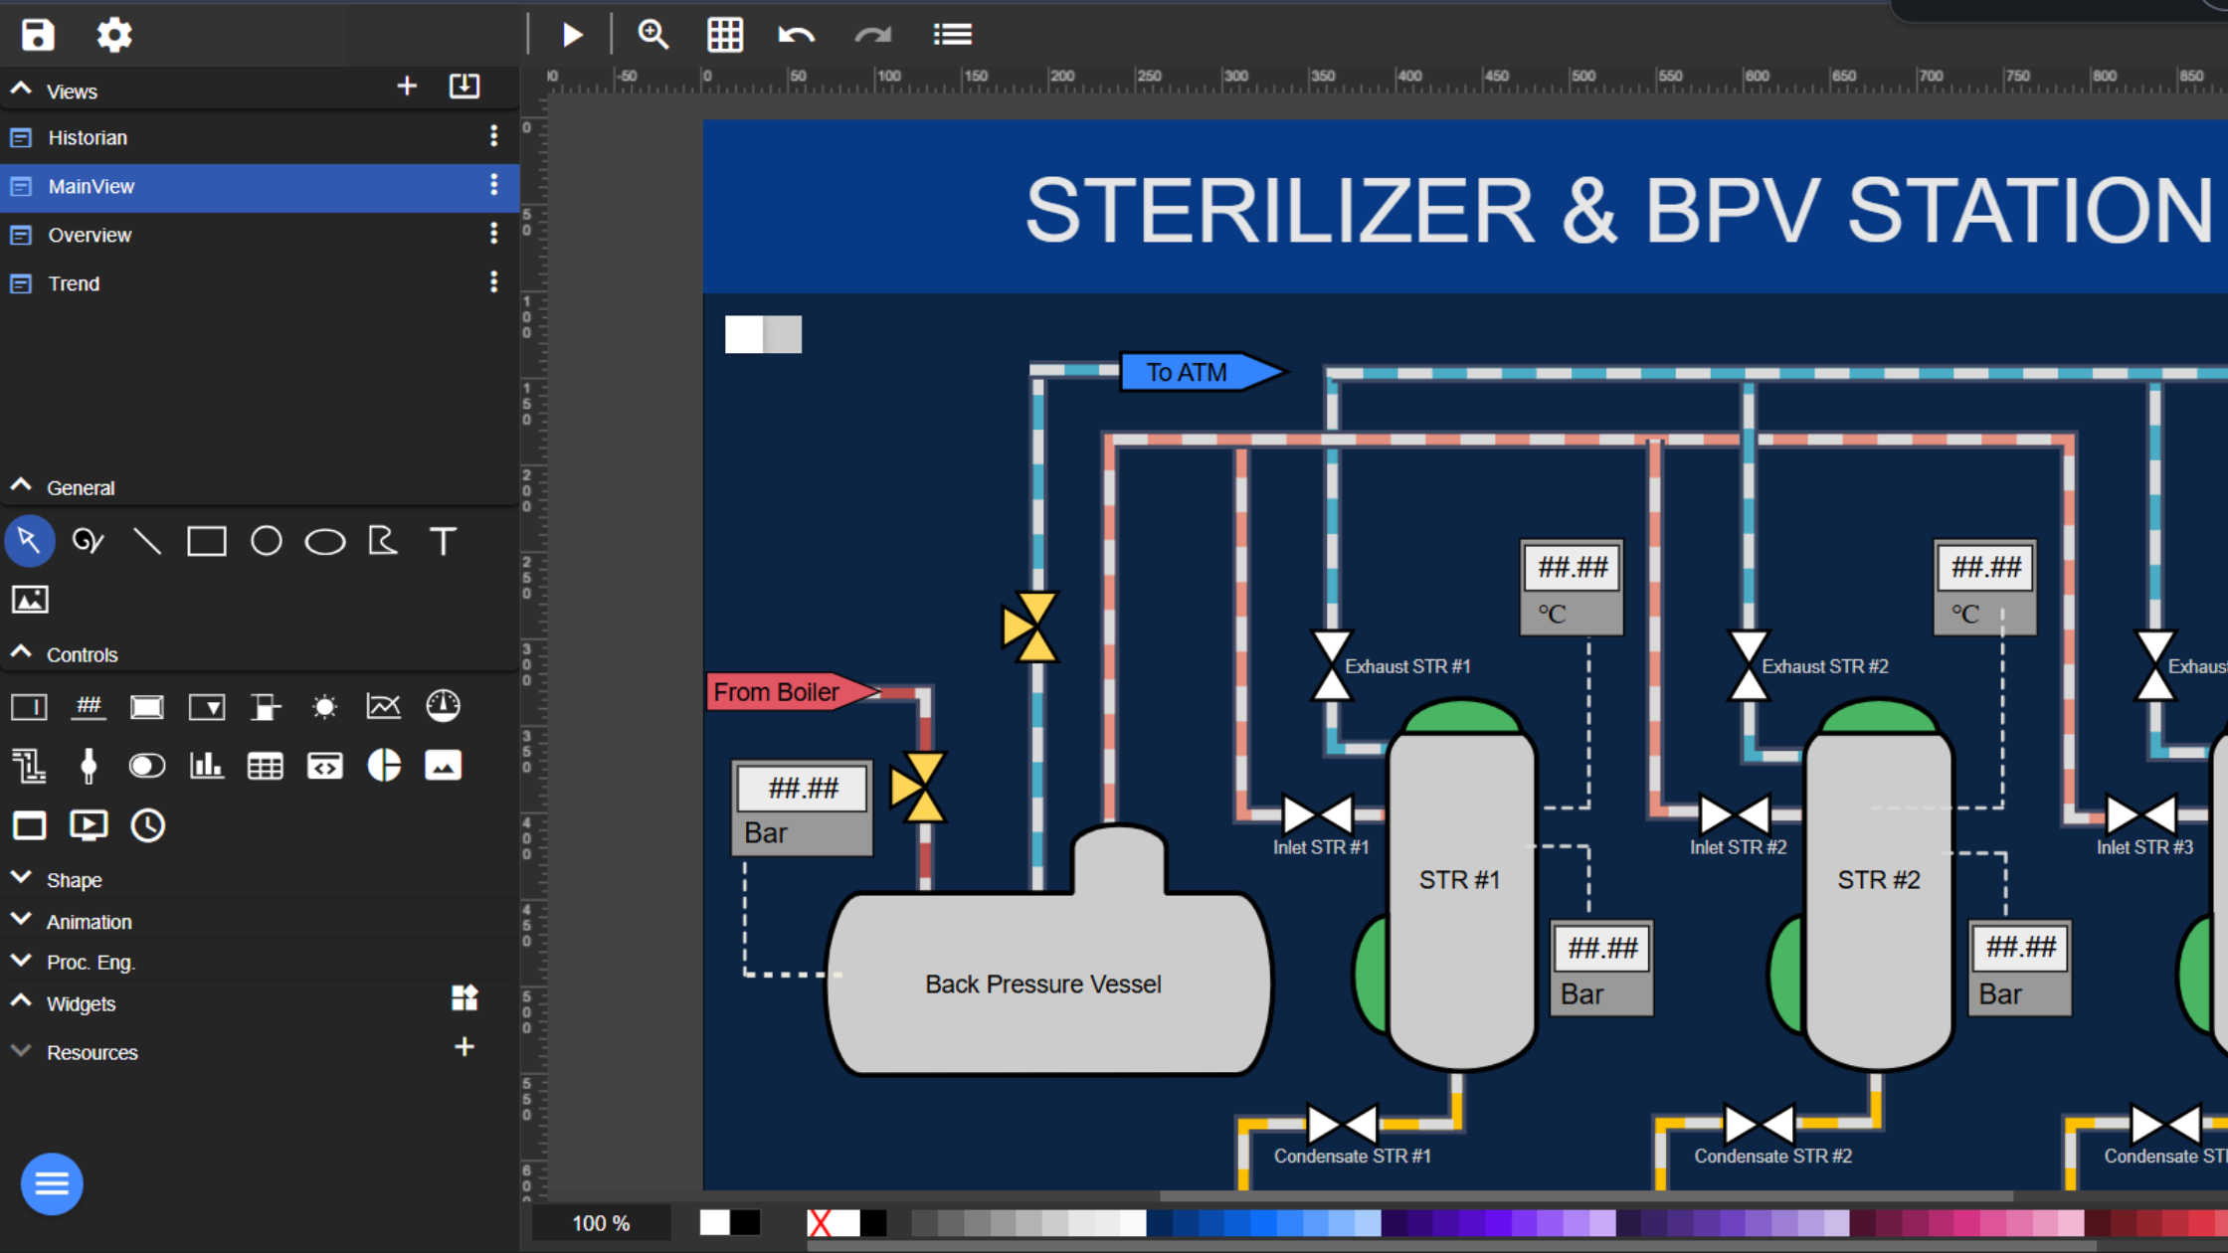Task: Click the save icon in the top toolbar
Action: point(38,35)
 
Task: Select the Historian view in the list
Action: point(88,137)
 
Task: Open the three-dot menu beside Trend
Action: point(493,282)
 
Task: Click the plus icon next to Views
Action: point(407,87)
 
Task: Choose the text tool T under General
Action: point(443,541)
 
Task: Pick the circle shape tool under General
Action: point(266,541)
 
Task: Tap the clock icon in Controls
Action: point(148,825)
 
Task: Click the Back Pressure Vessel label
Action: point(1042,984)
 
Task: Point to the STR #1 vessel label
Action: point(1459,879)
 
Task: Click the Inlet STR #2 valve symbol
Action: point(1735,814)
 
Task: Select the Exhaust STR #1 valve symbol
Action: point(1331,665)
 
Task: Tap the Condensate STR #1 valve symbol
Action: point(1342,1124)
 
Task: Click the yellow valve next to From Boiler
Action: point(918,787)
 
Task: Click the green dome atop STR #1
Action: point(1461,716)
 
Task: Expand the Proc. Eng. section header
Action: point(90,962)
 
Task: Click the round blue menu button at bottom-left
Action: point(52,1183)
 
